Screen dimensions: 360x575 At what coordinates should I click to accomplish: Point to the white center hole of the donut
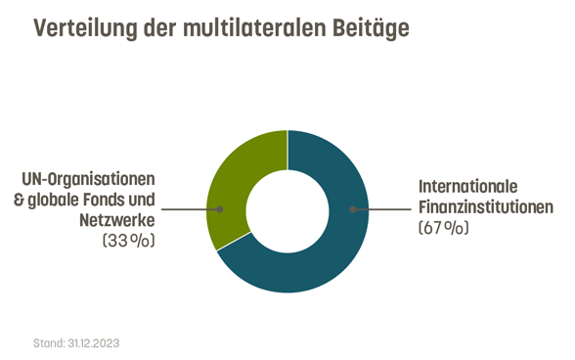click(287, 210)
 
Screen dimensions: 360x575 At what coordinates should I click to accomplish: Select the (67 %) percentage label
click(445, 228)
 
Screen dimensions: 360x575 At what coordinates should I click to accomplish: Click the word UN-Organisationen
click(90, 179)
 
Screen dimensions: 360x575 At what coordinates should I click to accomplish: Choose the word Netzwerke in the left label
click(118, 219)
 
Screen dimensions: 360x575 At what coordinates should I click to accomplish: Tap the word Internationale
click(467, 186)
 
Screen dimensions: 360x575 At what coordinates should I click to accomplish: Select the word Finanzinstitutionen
click(486, 207)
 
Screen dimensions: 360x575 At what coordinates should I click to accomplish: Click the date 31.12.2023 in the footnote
click(93, 344)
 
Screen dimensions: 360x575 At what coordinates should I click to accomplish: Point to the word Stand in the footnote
click(48, 344)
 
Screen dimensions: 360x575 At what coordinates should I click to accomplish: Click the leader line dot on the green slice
click(221, 209)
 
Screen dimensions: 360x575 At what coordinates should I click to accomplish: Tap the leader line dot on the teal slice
click(354, 209)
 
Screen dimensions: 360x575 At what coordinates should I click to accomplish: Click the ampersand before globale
click(27, 200)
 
